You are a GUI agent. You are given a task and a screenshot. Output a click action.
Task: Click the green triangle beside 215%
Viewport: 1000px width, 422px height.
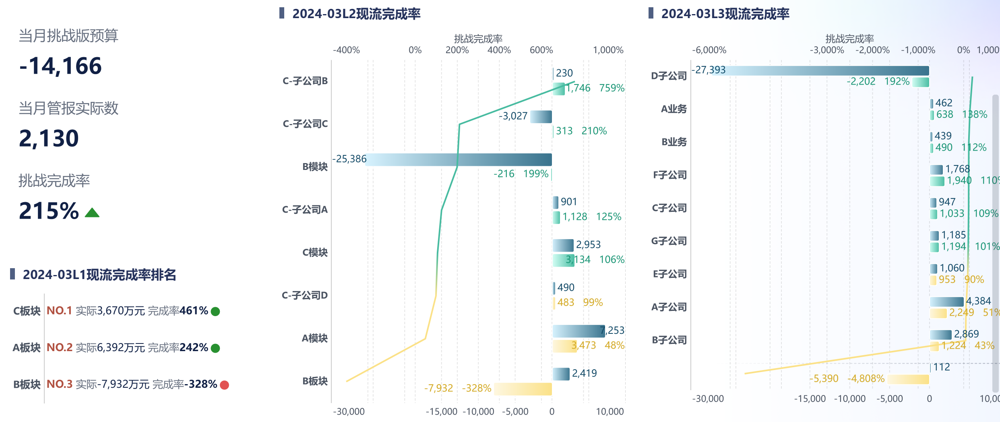92,213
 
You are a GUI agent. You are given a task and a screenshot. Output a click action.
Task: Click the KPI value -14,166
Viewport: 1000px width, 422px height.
60,66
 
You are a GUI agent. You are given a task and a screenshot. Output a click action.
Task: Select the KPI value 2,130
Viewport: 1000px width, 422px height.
49,139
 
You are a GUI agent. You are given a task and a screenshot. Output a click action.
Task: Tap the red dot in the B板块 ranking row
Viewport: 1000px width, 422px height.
225,385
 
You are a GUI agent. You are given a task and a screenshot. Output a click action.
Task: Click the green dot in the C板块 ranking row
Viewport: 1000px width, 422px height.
215,312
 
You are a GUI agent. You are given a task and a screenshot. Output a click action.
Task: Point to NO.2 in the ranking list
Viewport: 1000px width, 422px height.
60,348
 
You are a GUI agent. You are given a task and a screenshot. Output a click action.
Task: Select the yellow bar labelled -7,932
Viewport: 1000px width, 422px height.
523,389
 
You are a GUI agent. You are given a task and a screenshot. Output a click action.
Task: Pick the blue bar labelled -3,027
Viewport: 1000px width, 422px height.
541,117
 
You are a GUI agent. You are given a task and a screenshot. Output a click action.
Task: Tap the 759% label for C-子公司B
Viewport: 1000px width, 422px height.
612,88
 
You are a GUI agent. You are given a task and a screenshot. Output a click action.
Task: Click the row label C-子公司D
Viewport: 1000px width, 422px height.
305,296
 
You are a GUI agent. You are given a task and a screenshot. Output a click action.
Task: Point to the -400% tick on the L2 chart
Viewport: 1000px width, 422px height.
346,50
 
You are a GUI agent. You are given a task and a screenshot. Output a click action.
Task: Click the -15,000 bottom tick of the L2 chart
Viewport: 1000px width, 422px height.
442,412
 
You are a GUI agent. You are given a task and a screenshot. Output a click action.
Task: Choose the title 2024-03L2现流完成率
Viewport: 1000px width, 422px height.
356,14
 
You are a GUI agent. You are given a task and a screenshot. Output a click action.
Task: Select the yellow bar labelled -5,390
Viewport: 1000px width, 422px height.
908,379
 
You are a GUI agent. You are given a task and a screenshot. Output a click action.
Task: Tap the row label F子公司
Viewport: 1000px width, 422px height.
669,175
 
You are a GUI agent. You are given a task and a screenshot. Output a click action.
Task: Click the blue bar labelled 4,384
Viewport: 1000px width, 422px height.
946,302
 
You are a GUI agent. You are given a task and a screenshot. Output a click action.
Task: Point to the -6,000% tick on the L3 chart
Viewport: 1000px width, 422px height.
709,50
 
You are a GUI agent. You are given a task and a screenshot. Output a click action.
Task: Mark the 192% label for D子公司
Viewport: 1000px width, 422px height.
897,82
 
